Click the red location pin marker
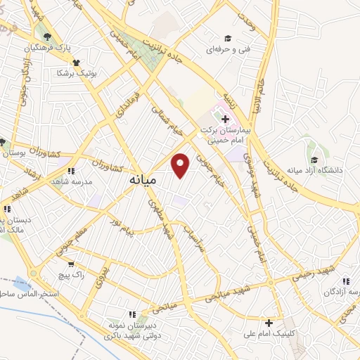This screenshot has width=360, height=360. pyautogui.click(x=181, y=166)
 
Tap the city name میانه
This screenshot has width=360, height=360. pyautogui.click(x=143, y=181)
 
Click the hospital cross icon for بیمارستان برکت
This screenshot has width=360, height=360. pyautogui.click(x=225, y=119)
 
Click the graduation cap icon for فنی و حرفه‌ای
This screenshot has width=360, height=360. pyautogui.click(x=228, y=38)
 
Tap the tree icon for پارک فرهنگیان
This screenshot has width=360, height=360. pyautogui.click(x=47, y=37)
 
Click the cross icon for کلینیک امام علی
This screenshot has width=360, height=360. pyautogui.click(x=269, y=323)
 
